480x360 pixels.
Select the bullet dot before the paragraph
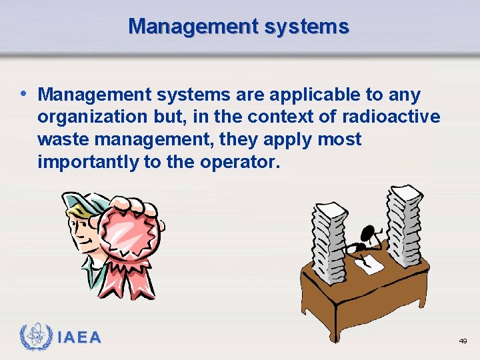(x=25, y=93)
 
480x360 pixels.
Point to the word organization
(x=89, y=117)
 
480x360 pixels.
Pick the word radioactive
(x=391, y=117)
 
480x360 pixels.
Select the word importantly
(x=82, y=162)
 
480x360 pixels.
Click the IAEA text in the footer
(x=79, y=338)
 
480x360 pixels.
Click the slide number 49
(x=463, y=341)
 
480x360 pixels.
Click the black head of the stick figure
(x=367, y=233)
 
